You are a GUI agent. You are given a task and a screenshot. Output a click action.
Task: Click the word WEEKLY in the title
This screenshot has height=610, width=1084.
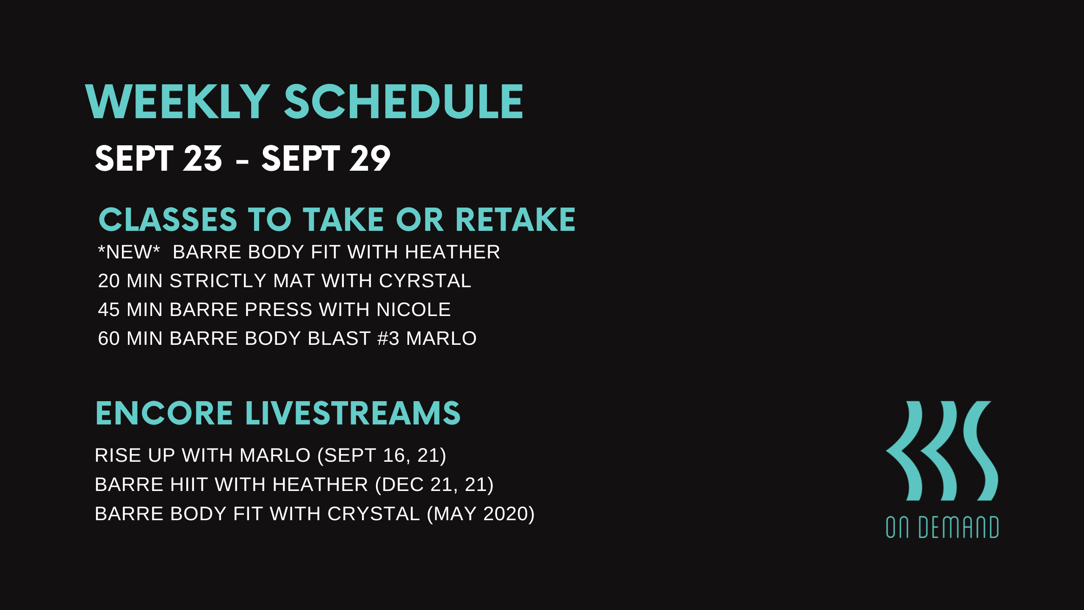coord(177,102)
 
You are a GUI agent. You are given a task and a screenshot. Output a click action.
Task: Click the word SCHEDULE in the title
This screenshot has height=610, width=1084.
coord(404,102)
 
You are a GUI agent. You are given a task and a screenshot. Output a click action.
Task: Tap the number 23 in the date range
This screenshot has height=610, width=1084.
coord(202,158)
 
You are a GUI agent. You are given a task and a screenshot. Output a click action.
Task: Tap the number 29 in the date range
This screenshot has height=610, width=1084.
coord(369,158)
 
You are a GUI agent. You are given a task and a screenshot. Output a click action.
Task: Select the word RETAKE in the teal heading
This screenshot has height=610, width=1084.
coord(515,220)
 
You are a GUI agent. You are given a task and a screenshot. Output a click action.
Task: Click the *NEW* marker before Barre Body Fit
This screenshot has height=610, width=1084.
coord(129,252)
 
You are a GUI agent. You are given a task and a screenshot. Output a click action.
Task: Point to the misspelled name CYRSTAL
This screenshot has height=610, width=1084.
coord(425,281)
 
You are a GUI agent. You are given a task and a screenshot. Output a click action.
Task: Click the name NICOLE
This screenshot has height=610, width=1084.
coord(414,310)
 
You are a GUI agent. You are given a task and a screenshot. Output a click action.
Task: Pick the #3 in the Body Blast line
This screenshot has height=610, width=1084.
coord(388,338)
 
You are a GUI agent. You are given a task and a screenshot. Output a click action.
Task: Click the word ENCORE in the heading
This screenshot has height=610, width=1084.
coord(164,413)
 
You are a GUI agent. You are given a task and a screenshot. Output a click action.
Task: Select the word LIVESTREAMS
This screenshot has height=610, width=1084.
coord(353,413)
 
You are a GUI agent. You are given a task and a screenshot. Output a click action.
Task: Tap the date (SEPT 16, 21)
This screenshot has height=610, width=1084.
coord(382,455)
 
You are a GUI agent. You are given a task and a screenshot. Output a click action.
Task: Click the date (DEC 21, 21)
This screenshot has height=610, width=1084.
coord(434,485)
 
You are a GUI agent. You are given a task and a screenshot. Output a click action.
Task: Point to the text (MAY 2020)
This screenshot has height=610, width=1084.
coord(481,514)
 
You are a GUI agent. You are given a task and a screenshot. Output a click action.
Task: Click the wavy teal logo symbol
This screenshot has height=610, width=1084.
coord(942,451)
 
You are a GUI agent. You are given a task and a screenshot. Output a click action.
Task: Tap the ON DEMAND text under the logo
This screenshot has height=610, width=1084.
coord(942,527)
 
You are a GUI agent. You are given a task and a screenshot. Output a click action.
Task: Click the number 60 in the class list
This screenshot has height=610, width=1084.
coord(109,338)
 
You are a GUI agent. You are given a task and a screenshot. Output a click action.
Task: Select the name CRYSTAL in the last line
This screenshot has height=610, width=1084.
coord(373,514)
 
